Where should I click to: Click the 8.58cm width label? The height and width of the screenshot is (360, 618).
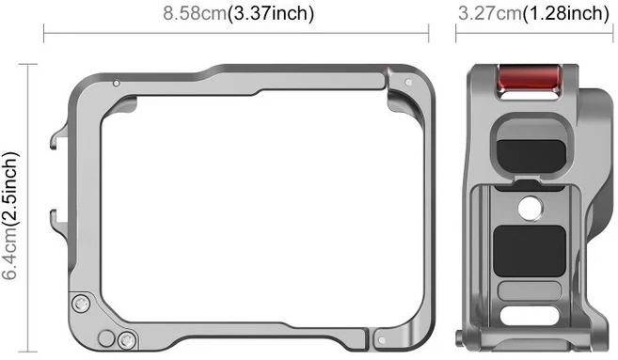(196, 13)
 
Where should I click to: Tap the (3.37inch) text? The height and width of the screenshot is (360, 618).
(271, 13)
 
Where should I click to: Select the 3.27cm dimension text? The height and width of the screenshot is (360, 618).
(490, 13)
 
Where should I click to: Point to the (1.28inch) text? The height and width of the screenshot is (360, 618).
(566, 13)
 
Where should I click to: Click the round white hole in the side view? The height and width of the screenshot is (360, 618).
(531, 208)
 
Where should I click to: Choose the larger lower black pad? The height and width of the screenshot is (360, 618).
(530, 251)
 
